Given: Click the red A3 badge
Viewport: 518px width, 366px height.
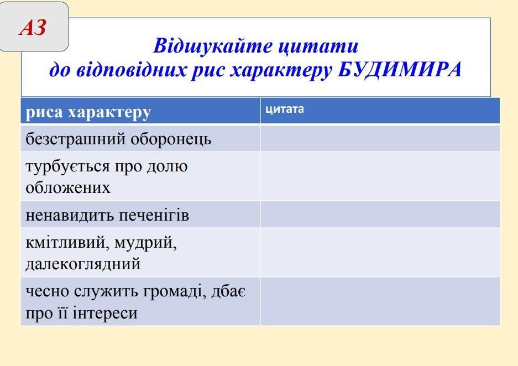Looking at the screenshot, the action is coord(34,27).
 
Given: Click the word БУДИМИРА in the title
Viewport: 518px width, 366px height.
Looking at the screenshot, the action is coord(399,70).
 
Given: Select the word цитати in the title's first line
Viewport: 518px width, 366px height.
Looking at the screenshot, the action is coord(318,46).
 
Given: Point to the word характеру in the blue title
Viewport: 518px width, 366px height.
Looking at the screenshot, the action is coord(280,71).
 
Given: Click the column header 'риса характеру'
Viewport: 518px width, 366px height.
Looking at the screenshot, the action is coord(88,112).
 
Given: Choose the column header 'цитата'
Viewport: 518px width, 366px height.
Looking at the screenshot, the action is coord(285,109).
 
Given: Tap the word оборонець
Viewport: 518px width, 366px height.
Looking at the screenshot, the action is coord(171,139).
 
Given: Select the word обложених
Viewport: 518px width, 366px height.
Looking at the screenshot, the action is coord(68,187).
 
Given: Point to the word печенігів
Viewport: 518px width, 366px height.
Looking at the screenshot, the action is coord(154,216).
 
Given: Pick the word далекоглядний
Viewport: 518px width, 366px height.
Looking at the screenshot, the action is coord(83,264).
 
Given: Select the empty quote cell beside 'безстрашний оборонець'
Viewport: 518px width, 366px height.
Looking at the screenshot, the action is coord(380,138).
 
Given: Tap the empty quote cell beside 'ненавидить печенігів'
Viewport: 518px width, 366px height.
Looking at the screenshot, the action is coord(380,215).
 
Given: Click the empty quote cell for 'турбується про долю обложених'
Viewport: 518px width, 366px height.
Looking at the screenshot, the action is coord(380,176).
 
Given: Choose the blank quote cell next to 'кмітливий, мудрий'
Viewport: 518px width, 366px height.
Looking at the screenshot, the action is coord(380,252).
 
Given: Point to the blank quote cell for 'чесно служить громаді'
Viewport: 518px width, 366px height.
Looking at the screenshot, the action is coord(380,301).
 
